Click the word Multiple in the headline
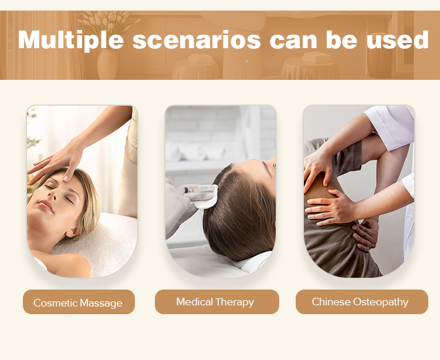[71, 40]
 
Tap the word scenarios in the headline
[197, 41]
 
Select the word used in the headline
[397, 39]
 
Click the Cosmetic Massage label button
[79, 302]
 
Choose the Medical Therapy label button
[217, 302]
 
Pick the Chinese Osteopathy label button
[362, 302]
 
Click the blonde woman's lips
[45, 206]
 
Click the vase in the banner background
[107, 64]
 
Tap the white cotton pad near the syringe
[207, 198]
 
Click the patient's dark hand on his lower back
[365, 234]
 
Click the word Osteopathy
[381, 302]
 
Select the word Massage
[101, 303]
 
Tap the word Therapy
[235, 302]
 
